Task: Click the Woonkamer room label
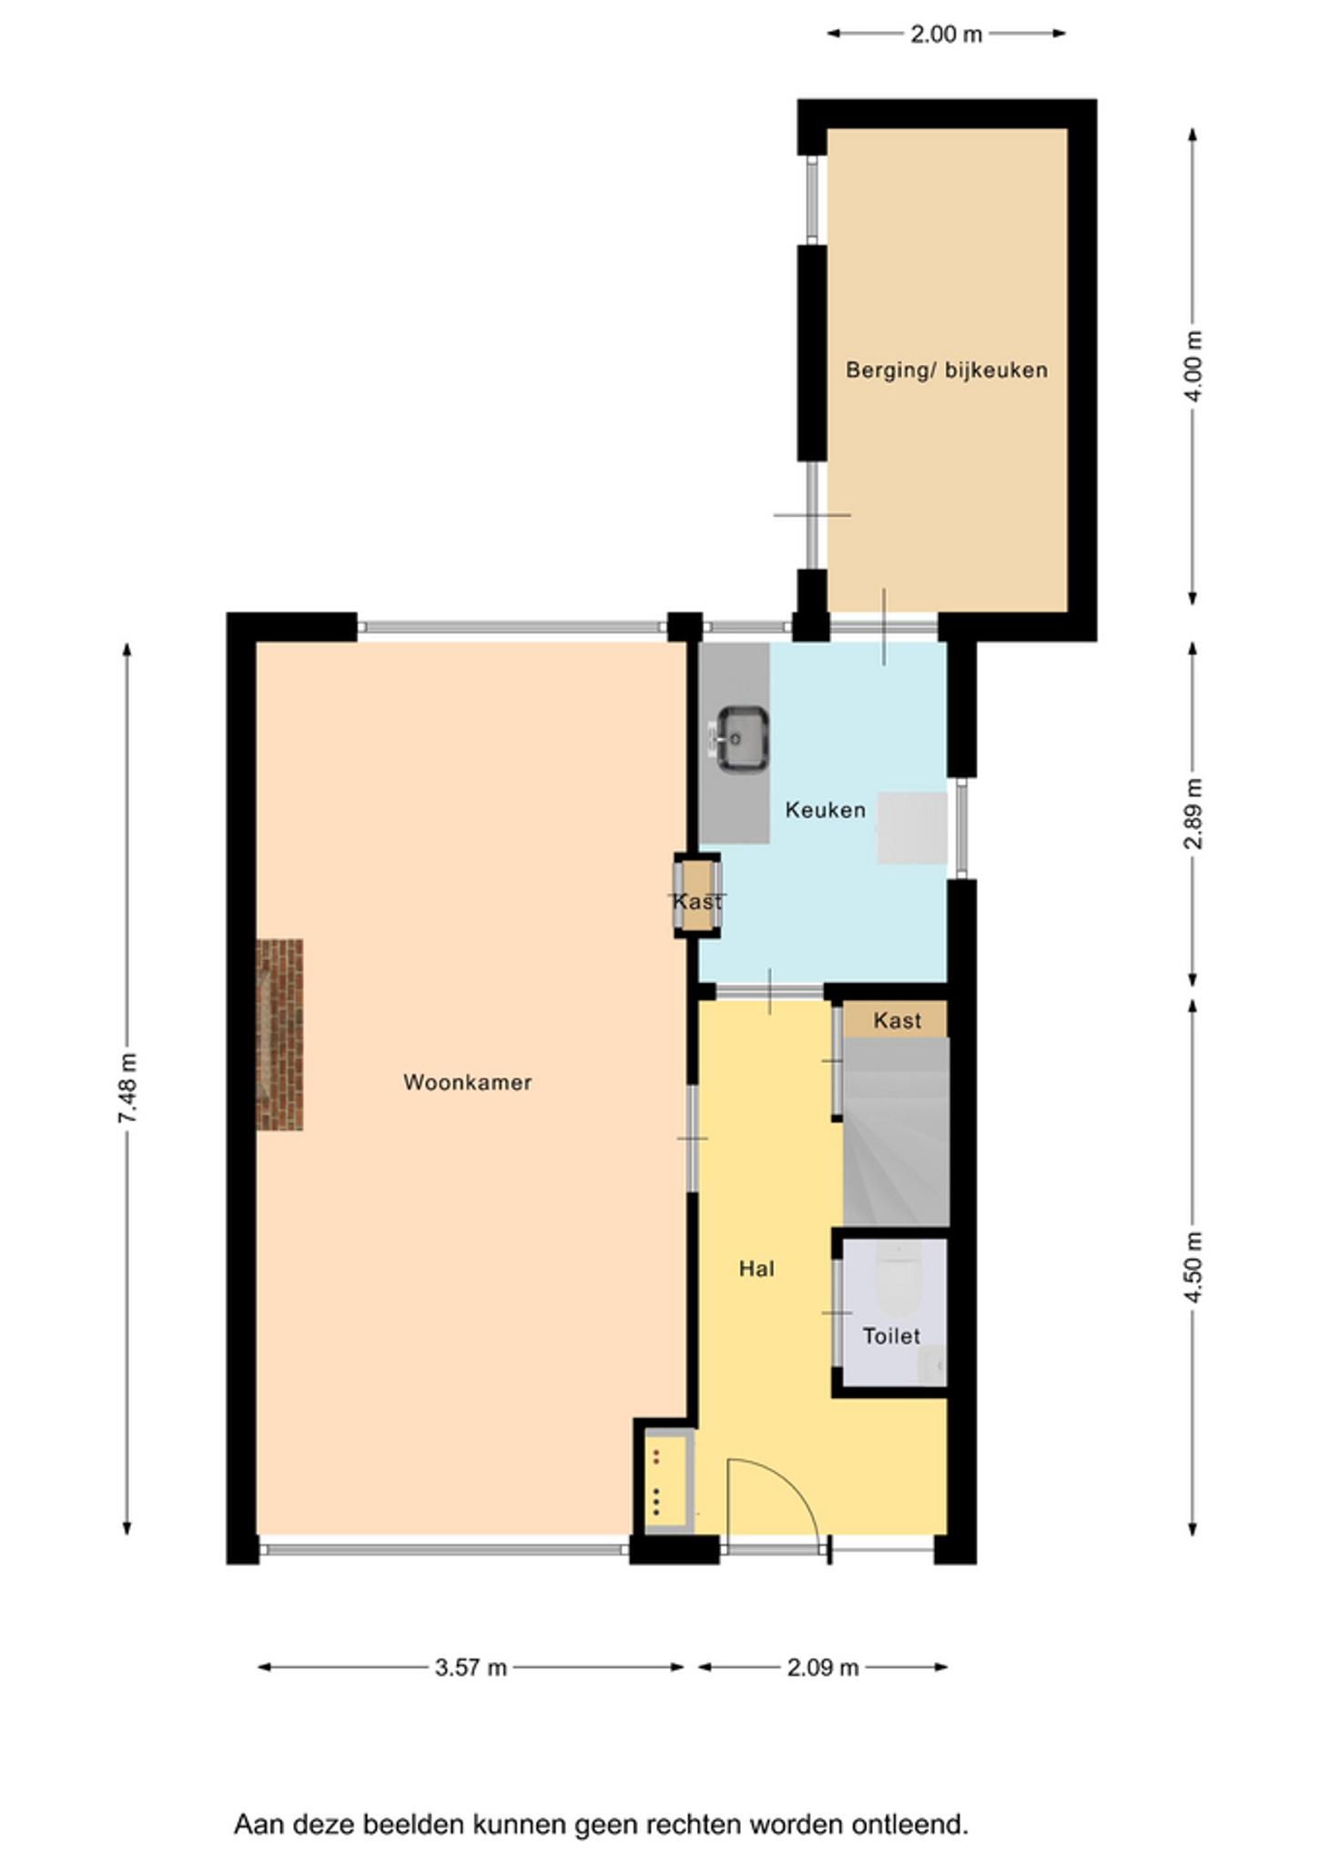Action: (467, 1082)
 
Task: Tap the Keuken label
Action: (825, 810)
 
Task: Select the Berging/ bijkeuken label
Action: (947, 370)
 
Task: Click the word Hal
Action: (756, 1269)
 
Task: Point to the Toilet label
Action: (891, 1336)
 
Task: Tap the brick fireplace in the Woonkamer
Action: (279, 1035)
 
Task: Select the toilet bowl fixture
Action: (898, 1276)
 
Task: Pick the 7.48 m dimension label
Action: (127, 1088)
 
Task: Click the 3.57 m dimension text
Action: (471, 1667)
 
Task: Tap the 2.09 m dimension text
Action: (823, 1667)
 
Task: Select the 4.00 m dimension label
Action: (1193, 366)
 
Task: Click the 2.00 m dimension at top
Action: (947, 35)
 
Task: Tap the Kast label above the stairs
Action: (897, 1020)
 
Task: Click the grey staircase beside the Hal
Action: (897, 1132)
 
